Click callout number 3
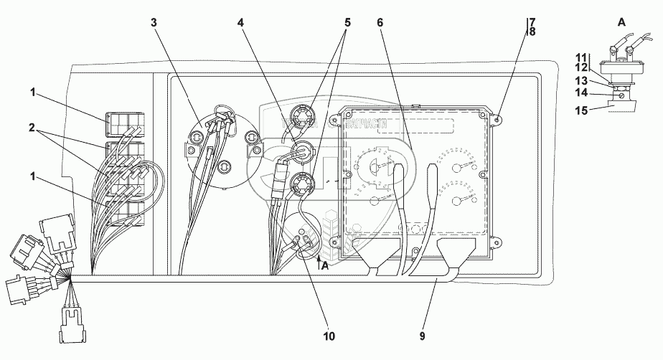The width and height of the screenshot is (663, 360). pos(154,22)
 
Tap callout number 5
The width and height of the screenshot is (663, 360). pos(347,22)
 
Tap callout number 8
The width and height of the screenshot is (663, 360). pos(532,32)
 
